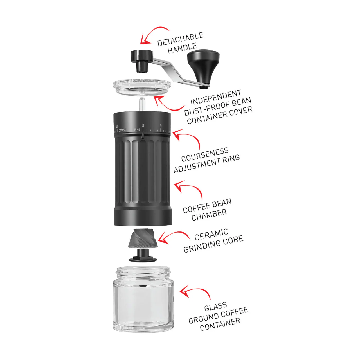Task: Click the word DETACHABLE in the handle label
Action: [x=180, y=39]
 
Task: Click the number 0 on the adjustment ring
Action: [x=143, y=125]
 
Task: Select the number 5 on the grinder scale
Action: [x=161, y=126]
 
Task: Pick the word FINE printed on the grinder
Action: [x=137, y=130]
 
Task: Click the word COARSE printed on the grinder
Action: [x=122, y=130]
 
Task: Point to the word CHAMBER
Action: [x=209, y=215]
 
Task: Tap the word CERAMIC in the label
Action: [x=211, y=235]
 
